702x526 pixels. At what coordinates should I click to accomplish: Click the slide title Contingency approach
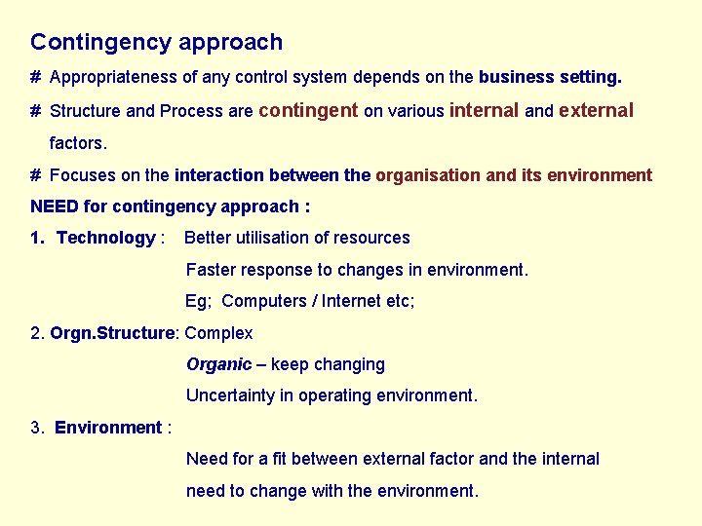pyautogui.click(x=156, y=43)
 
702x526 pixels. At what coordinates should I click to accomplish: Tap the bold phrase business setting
pyautogui.click(x=550, y=77)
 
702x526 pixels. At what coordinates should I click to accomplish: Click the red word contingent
pyautogui.click(x=308, y=111)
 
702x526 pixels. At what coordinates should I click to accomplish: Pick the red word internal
pyautogui.click(x=484, y=111)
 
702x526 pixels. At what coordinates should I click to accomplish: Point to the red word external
pyautogui.click(x=596, y=111)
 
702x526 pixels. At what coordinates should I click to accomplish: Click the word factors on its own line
pyautogui.click(x=77, y=143)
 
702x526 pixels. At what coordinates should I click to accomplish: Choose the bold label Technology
pyautogui.click(x=105, y=238)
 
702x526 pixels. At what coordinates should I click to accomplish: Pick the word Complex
pyautogui.click(x=218, y=333)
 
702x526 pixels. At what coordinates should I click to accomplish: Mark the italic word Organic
pyautogui.click(x=218, y=364)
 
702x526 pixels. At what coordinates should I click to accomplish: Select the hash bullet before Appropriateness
pyautogui.click(x=35, y=77)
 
